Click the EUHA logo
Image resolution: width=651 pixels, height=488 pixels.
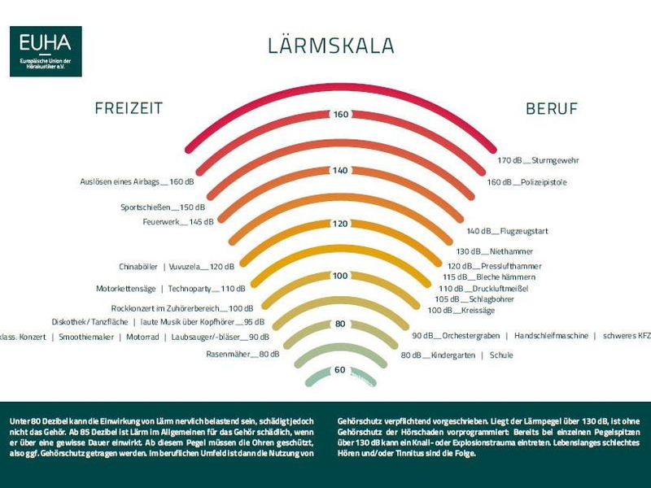(x=46, y=51)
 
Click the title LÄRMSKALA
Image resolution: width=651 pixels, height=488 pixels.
(x=331, y=46)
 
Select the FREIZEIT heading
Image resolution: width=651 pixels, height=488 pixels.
(x=129, y=109)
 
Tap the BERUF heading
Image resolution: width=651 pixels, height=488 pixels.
(x=552, y=109)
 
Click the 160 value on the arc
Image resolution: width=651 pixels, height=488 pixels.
(x=340, y=114)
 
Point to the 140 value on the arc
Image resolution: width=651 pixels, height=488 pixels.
(x=340, y=170)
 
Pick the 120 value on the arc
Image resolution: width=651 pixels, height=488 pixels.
(x=340, y=224)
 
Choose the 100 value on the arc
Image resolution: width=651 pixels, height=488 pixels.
(x=340, y=277)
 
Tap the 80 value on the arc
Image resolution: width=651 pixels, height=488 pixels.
(x=340, y=324)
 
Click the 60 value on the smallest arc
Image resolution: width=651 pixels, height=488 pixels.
(x=340, y=370)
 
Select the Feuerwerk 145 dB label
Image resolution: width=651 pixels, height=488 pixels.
(x=178, y=221)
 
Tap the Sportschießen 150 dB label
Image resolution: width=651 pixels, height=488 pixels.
(x=163, y=207)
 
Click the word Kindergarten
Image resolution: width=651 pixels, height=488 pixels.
(x=453, y=355)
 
